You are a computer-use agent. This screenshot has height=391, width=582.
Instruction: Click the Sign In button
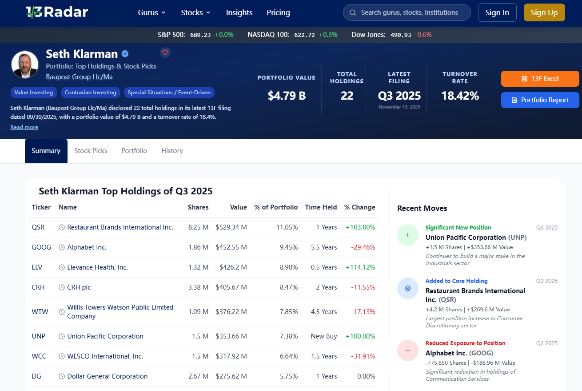point(497,12)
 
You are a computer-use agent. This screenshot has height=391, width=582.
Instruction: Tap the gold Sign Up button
point(544,12)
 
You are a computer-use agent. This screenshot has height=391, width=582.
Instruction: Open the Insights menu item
point(239,12)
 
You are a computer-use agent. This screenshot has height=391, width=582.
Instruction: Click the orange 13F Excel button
point(540,79)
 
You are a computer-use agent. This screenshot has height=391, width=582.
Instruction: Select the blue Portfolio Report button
point(540,100)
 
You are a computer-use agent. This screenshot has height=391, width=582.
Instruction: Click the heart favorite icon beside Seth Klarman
point(165,53)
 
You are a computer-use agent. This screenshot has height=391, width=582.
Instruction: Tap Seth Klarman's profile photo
point(25,64)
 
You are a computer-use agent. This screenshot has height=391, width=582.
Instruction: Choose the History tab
point(172,151)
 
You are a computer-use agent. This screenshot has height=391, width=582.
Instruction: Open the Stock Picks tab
point(91,151)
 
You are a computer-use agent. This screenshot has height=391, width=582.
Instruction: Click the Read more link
point(24,127)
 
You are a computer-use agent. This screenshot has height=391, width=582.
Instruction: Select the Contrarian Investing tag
point(91,93)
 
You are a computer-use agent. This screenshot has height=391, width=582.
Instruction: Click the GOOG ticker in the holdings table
point(41,247)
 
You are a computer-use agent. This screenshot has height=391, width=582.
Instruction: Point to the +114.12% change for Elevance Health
point(360,267)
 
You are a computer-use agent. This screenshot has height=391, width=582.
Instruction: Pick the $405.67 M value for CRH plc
point(231,287)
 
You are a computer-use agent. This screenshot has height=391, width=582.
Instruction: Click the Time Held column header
point(321,207)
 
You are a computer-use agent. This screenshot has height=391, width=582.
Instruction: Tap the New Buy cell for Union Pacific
point(324,336)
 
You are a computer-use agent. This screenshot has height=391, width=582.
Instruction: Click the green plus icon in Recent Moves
point(408,235)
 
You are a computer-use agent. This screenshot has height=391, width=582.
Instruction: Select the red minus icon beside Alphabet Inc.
point(408,351)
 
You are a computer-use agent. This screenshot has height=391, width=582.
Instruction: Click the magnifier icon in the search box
point(353,12)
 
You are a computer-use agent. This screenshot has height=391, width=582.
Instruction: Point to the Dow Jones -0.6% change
point(423,35)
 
